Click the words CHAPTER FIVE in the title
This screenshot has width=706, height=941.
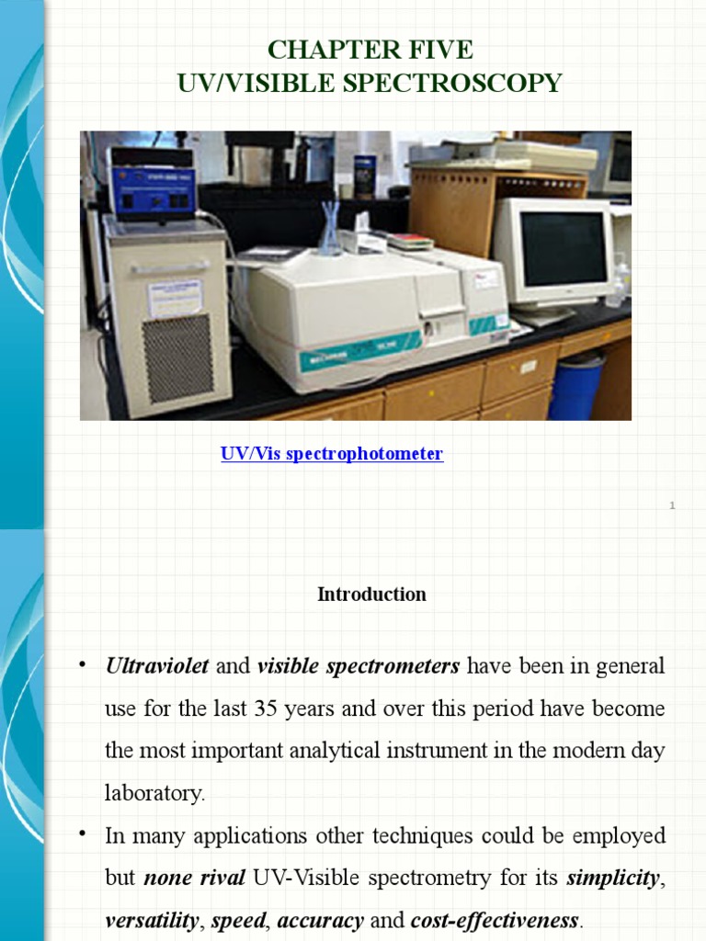click(x=370, y=49)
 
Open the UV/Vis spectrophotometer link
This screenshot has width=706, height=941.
click(x=332, y=454)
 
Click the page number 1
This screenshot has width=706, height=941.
click(x=673, y=505)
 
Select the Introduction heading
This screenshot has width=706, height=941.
click(x=371, y=595)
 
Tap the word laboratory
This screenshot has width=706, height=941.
click(x=154, y=794)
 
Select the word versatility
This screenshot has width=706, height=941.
click(x=152, y=920)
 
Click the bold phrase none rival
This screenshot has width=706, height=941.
click(x=194, y=878)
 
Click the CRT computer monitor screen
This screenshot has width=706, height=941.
click(x=563, y=248)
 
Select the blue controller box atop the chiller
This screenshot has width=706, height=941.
click(x=151, y=188)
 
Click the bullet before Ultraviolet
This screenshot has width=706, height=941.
click(x=83, y=664)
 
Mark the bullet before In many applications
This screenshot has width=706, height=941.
click(x=83, y=834)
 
